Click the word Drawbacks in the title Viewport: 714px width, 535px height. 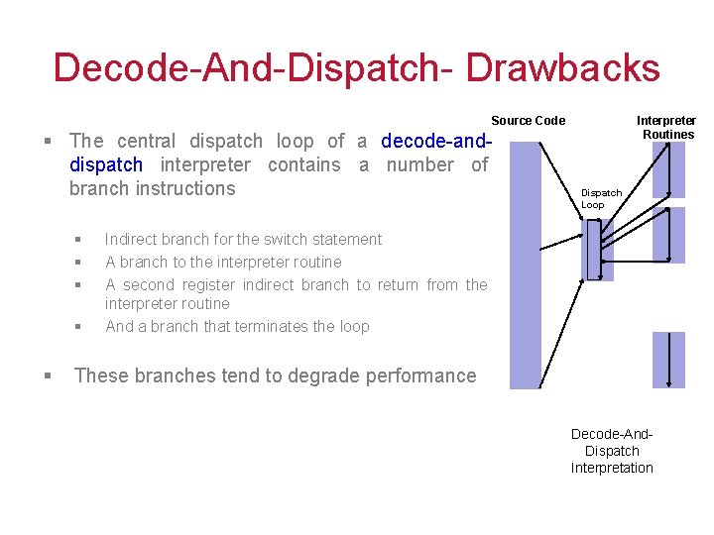(561, 68)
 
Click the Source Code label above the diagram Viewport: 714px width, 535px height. (528, 121)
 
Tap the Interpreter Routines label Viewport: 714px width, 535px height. (666, 127)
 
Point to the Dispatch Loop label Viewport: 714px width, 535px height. (600, 198)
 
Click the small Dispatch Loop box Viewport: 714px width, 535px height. (598, 250)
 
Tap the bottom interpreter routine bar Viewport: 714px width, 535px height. (669, 359)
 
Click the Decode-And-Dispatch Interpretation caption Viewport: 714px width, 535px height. (612, 451)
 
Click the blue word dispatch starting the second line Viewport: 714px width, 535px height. (106, 164)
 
